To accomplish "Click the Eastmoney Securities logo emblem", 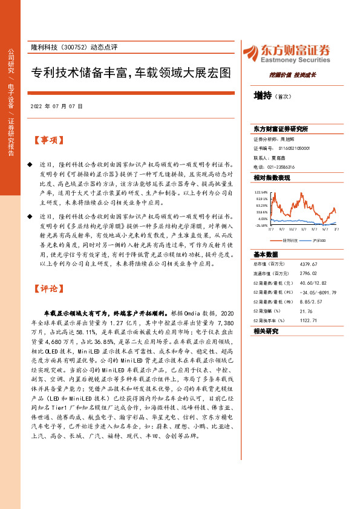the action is click(x=249, y=51).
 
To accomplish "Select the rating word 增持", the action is click(x=263, y=96).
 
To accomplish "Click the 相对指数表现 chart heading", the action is click(x=272, y=178).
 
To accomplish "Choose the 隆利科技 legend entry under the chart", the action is click(x=286, y=240).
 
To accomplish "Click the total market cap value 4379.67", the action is click(x=309, y=264).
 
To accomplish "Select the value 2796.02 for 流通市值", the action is click(x=309, y=273).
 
